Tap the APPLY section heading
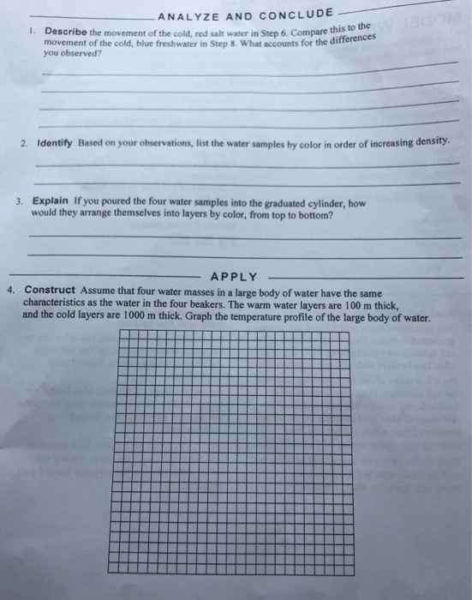(x=234, y=276)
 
